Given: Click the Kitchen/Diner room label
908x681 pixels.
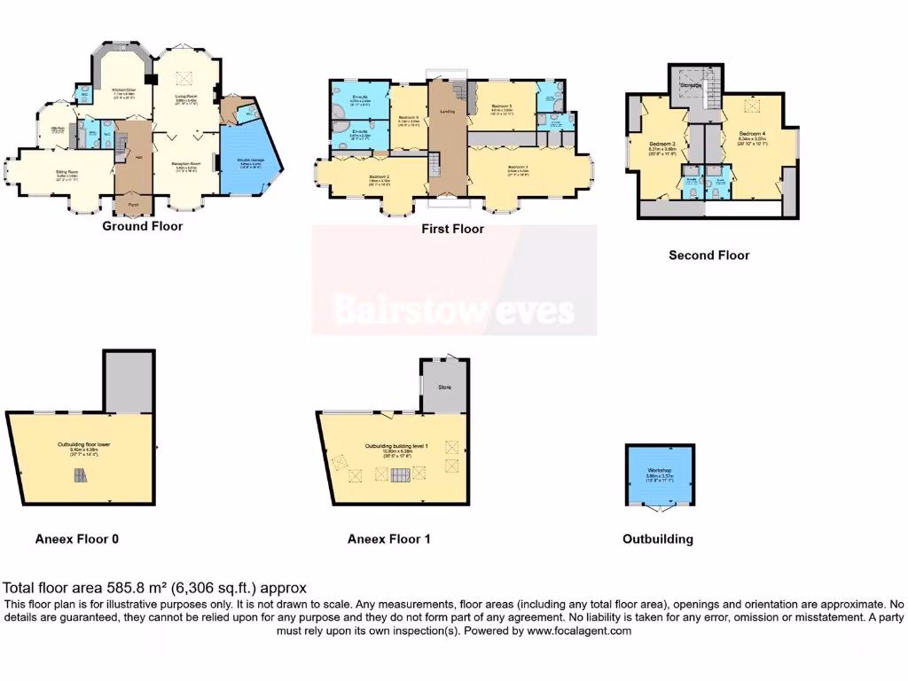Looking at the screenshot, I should [123, 90].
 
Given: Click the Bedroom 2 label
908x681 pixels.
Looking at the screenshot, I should [380, 176].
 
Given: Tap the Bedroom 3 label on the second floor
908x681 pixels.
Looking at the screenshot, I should [662, 144].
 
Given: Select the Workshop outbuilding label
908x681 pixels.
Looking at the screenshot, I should [660, 469].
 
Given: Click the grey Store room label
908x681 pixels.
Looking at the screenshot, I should [444, 387].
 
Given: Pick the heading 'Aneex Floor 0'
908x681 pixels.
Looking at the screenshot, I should [76, 538].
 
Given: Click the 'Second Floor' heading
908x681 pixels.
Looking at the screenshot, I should [708, 254].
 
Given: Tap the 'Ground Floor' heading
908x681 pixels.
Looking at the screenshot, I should [142, 226].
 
